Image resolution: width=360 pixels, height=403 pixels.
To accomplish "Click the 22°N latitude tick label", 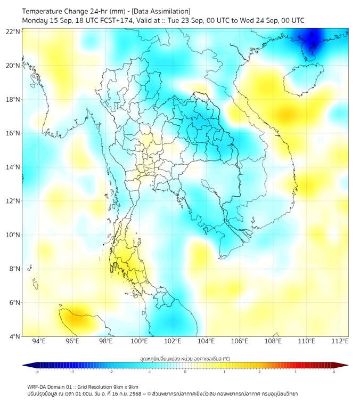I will [x=13, y=31].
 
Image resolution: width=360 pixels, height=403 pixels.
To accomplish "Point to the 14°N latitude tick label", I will [x=13, y=167].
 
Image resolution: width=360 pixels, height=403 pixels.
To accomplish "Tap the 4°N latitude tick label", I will [x=14, y=336].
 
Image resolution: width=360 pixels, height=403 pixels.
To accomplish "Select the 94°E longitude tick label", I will [x=39, y=341].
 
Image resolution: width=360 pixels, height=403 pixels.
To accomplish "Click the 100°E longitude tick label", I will [x=140, y=341].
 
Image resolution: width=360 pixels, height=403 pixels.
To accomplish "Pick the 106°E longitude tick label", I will [x=240, y=341].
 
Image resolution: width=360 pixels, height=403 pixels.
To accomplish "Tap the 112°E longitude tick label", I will [x=340, y=341].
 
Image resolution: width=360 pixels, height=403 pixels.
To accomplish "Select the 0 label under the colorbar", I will [x=185, y=372].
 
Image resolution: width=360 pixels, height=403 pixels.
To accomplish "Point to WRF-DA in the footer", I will [x=38, y=386].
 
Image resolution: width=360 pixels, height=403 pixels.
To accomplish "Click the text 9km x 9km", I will [x=124, y=386].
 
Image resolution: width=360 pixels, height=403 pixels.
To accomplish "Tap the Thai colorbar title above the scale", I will [x=185, y=358].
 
